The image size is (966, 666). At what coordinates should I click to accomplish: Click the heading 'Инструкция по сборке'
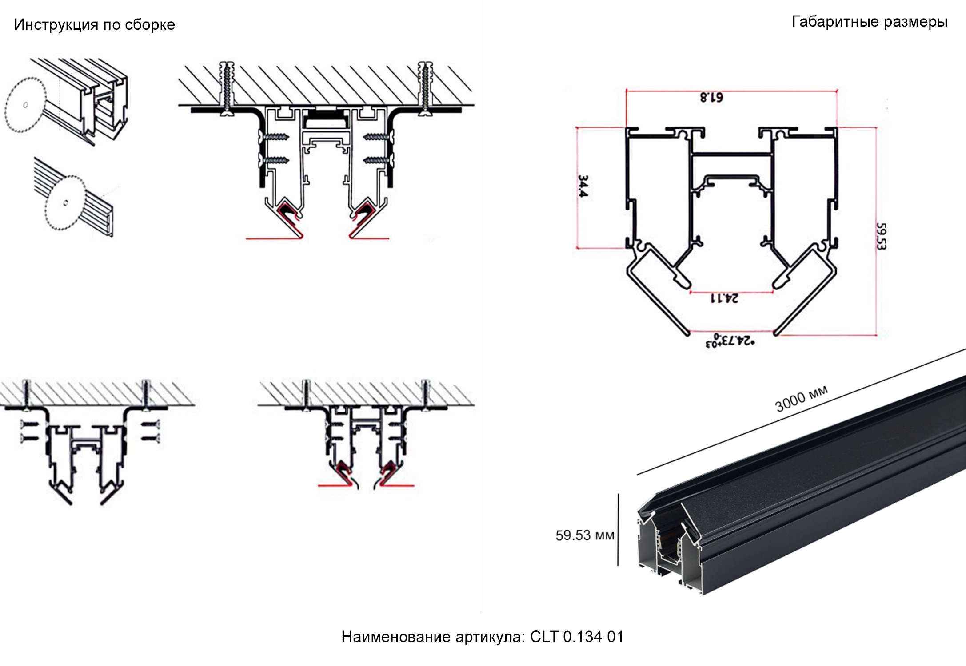94,24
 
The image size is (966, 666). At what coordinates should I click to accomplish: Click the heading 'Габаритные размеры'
869,22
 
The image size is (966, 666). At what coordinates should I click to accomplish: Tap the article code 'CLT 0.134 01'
576,637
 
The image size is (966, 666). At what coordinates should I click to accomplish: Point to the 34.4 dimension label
583,186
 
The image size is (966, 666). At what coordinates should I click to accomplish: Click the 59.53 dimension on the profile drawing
881,236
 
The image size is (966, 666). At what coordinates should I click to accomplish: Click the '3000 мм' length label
801,398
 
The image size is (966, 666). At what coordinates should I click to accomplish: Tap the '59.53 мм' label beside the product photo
585,535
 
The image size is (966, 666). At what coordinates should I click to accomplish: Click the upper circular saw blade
25,105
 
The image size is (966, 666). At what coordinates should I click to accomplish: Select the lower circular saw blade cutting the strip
65,203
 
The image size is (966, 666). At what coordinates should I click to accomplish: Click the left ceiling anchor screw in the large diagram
228,89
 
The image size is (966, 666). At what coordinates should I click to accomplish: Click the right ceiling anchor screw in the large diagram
425,89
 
